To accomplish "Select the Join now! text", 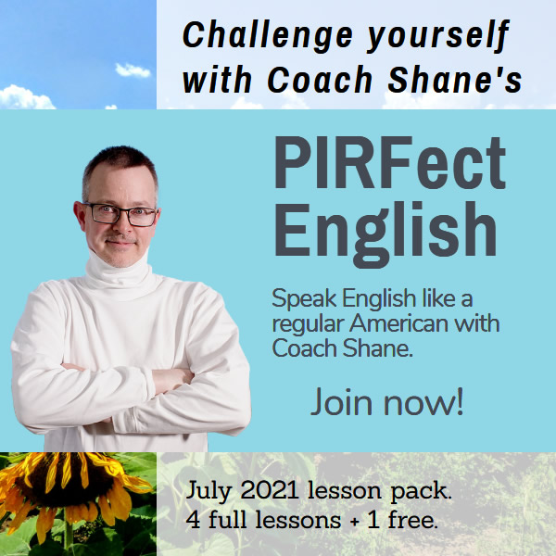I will (x=386, y=403).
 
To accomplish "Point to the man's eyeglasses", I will (x=121, y=214).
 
